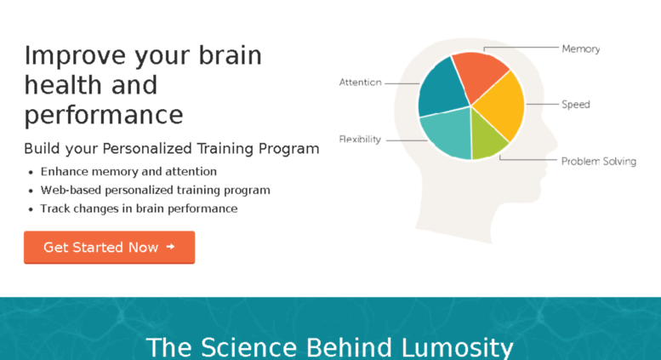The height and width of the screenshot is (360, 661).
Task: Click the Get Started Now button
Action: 109,247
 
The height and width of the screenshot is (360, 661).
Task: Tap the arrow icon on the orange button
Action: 170,247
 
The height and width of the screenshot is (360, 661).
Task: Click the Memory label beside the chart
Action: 581,49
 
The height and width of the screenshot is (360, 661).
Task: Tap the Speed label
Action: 576,105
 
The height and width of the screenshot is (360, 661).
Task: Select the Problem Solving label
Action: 599,161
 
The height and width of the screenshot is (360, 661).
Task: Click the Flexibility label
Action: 360,139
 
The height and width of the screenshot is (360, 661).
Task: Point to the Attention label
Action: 361,83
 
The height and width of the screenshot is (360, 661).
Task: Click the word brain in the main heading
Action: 231,55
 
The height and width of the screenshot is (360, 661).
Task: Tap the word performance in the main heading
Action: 104,115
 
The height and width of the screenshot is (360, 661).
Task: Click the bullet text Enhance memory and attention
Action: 128,172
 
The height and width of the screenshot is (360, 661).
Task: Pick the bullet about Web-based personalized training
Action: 155,190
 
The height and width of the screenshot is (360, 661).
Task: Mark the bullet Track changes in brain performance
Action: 139,209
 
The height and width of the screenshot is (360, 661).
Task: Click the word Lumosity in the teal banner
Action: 457,347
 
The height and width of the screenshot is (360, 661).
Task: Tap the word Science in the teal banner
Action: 248,347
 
